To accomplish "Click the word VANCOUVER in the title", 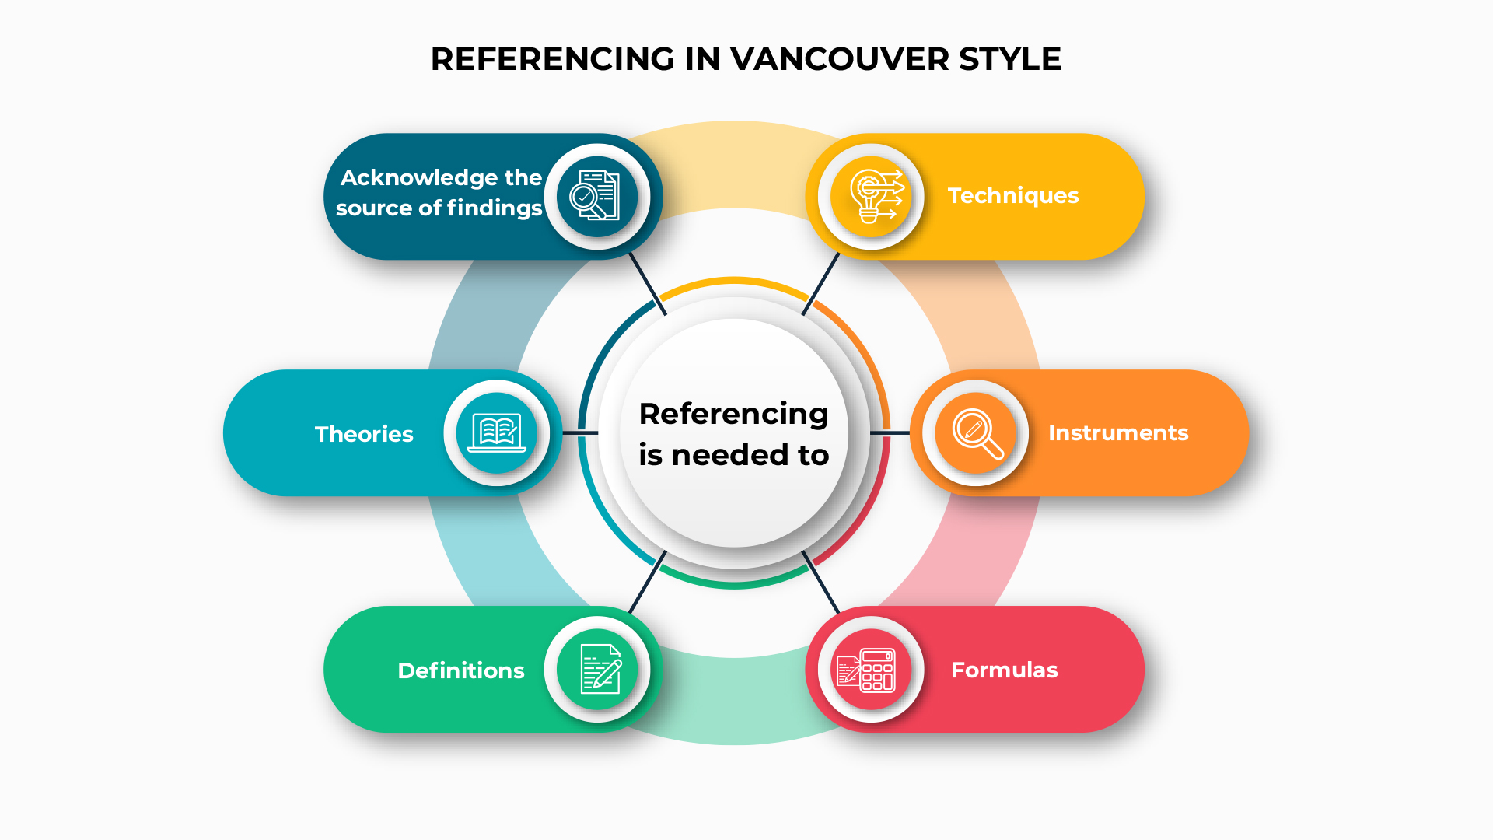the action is [840, 59].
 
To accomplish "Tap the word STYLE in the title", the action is [1010, 59].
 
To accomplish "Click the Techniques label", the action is [1013, 195].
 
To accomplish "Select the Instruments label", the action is [1118, 432].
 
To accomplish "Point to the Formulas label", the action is [1005, 670].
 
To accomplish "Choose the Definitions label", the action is [461, 670].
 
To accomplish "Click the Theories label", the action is [364, 434].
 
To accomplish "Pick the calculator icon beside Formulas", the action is [866, 670].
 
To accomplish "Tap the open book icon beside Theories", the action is [497, 432].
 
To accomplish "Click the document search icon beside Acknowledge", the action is [595, 194].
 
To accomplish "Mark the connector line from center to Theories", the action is [580, 432].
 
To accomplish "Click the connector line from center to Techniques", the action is [821, 283].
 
